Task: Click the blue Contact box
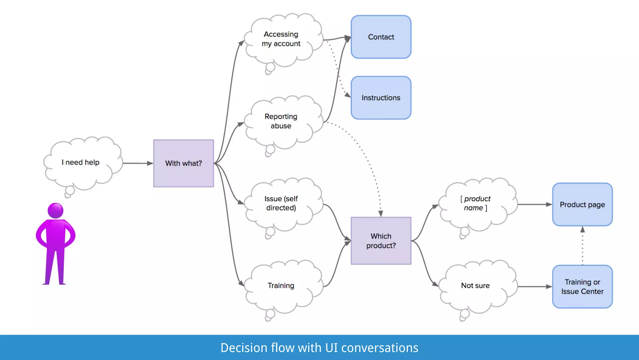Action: coord(381,37)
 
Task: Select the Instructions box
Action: coord(381,97)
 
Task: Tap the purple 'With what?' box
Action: coord(183,163)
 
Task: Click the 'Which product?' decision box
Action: coord(381,241)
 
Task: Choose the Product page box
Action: coord(582,204)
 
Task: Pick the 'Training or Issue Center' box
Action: coord(582,287)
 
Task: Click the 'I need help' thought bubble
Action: coord(80,162)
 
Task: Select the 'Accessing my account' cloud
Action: coord(281,39)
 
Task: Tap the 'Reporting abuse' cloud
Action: coord(281,121)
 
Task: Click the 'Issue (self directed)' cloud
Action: coord(281,203)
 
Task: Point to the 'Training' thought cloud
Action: coord(281,285)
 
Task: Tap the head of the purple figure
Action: coord(56,211)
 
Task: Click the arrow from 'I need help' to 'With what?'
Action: coord(137,163)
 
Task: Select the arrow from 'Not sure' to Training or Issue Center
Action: coord(534,287)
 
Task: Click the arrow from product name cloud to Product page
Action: coord(534,204)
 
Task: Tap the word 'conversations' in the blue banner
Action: coord(379,348)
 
